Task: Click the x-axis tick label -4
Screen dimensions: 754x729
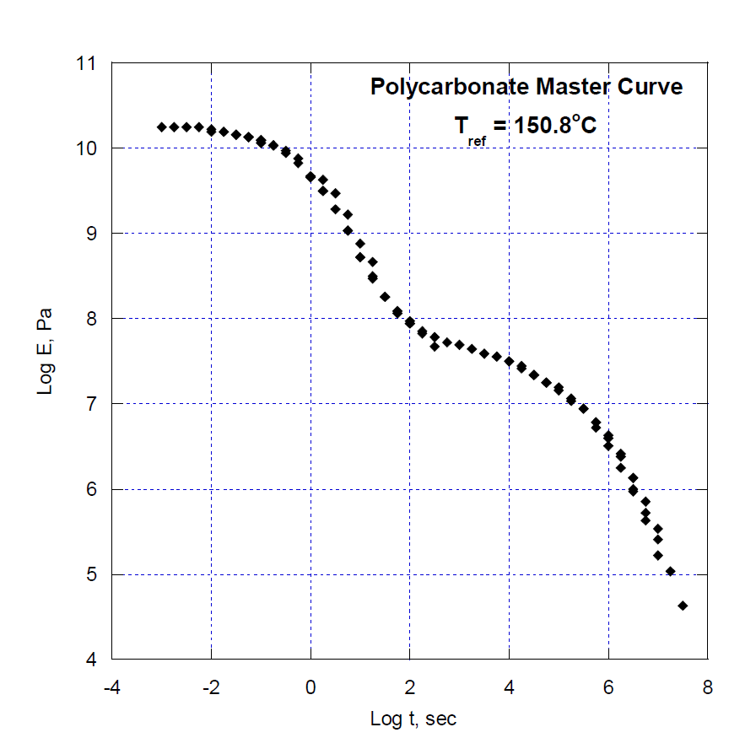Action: (112, 687)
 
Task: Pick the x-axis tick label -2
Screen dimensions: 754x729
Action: (211, 687)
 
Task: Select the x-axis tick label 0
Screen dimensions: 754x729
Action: (310, 687)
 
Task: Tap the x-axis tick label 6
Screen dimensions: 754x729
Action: (607, 687)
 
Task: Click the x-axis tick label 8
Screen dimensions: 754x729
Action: (706, 687)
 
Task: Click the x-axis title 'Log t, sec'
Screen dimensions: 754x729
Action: (413, 719)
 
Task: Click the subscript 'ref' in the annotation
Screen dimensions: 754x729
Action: (477, 141)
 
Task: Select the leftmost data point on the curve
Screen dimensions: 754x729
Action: (162, 127)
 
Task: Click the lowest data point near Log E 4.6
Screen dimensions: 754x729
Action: (683, 606)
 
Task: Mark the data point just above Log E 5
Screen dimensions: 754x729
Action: (671, 571)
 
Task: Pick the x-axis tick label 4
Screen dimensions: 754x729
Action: (509, 687)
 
